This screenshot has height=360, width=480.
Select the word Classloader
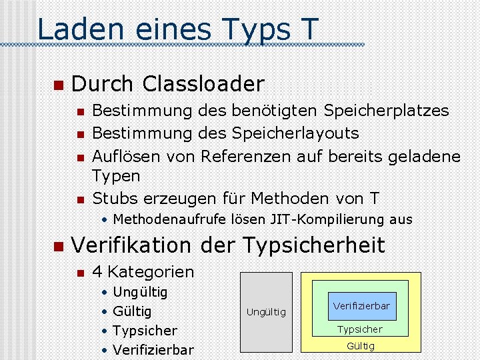pyautogui.click(x=203, y=85)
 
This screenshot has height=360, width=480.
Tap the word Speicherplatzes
pyautogui.click(x=386, y=111)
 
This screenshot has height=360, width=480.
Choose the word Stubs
pyautogui.click(x=112, y=198)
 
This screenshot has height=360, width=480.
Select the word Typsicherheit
pyautogui.click(x=314, y=245)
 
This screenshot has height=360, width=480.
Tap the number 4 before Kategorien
pyautogui.click(x=97, y=272)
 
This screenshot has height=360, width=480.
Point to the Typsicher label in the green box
pyautogui.click(x=360, y=329)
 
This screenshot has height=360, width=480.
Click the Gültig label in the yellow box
pyautogui.click(x=361, y=346)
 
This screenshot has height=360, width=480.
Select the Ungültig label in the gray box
pyautogui.click(x=266, y=312)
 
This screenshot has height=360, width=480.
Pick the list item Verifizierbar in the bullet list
pyautogui.click(x=153, y=350)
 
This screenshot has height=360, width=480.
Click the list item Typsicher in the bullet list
pyautogui.click(x=145, y=331)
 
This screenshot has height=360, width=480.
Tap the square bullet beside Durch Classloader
pyautogui.click(x=58, y=85)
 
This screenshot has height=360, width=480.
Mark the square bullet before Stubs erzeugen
pyautogui.click(x=80, y=199)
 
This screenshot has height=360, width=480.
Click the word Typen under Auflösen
pyautogui.click(x=116, y=176)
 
